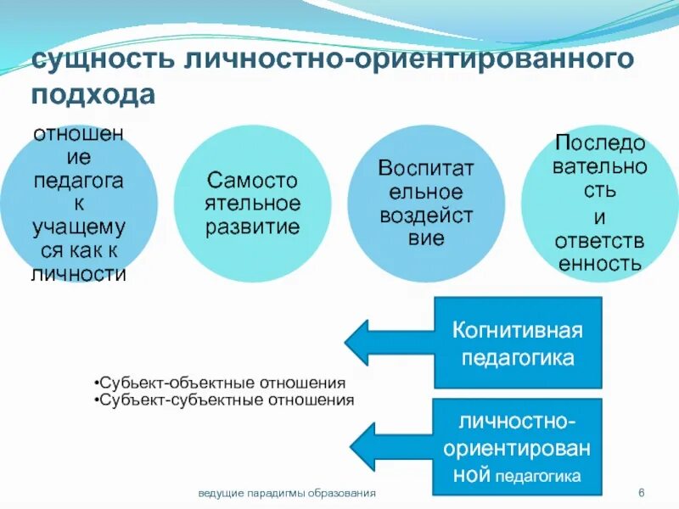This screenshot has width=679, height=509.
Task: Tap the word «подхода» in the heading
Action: click(x=94, y=92)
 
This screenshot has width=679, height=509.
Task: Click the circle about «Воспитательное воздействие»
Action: click(x=425, y=204)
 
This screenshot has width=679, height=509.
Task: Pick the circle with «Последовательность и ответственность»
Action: click(x=598, y=204)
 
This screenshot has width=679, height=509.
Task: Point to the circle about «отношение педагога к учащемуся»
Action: click(x=79, y=204)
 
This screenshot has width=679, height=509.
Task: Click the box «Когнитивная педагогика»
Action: click(x=518, y=343)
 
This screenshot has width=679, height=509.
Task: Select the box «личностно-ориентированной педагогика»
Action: click(x=518, y=447)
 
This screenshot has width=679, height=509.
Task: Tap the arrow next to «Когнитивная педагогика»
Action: click(x=390, y=342)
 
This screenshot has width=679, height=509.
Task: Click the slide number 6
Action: click(x=642, y=493)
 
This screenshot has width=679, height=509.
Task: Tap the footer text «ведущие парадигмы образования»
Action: click(x=287, y=493)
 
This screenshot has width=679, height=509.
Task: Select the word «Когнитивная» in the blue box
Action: click(x=518, y=329)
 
